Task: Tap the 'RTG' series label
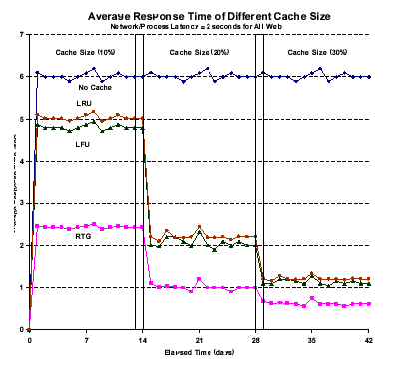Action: coord(83,237)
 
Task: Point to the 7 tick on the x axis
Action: coord(86,339)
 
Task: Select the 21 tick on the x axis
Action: coord(200,339)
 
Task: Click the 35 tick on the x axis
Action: coord(313,339)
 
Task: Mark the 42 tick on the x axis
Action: coord(370,339)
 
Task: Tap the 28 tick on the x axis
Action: coord(256,339)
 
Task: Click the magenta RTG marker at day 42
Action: coord(369,303)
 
